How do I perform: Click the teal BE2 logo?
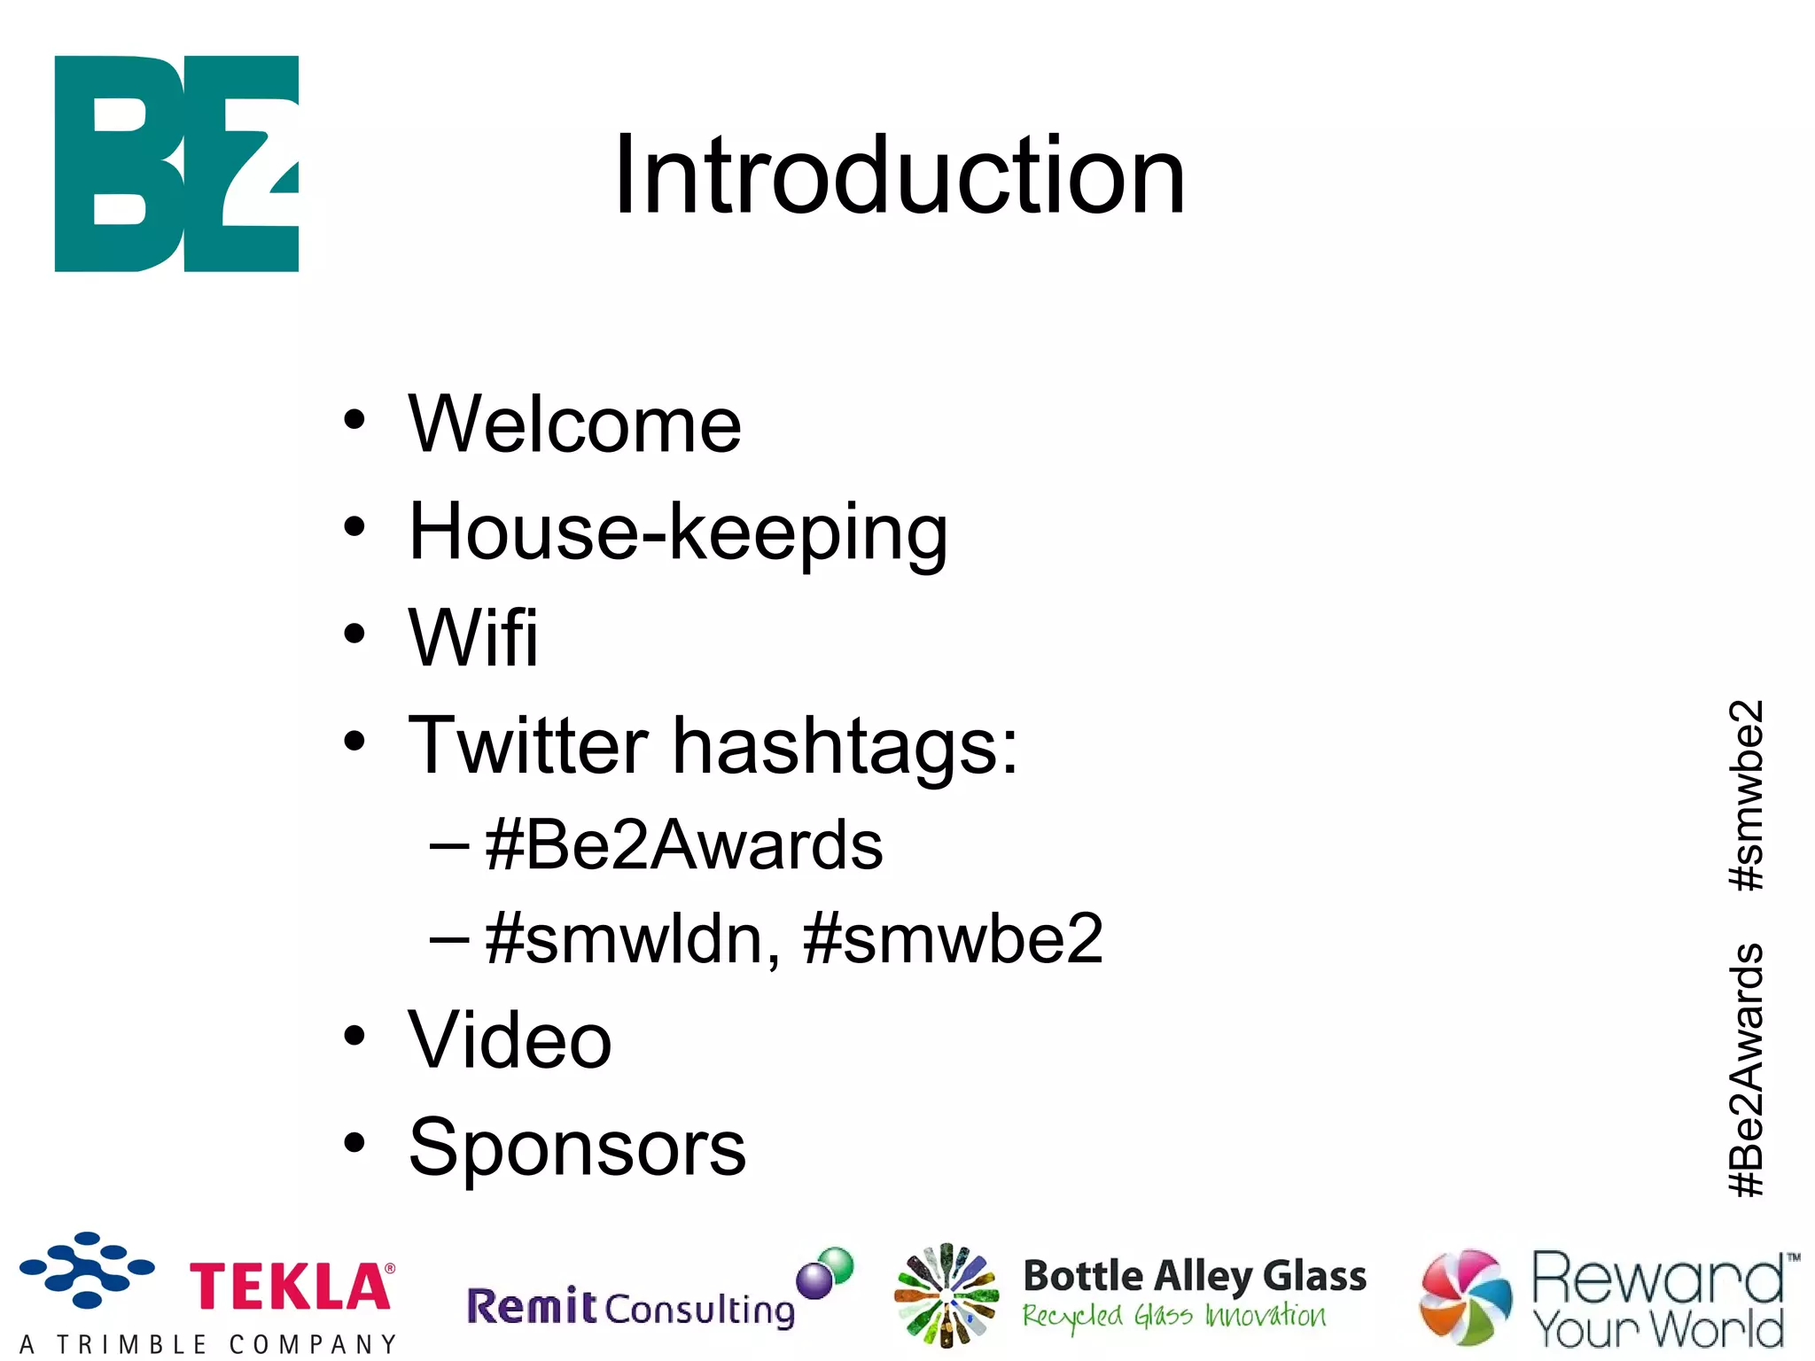(176, 164)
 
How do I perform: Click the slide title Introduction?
(899, 175)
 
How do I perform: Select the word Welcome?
(574, 425)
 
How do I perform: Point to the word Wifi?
(473, 638)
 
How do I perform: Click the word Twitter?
(528, 746)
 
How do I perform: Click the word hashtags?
(845, 746)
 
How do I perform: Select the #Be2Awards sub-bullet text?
(684, 845)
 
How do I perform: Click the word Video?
(510, 1041)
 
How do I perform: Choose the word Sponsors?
(577, 1148)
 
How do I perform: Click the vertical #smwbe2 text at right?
(1746, 795)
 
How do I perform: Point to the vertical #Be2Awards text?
(1746, 1069)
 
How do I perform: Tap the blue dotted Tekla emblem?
(87, 1270)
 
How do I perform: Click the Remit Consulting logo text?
(630, 1308)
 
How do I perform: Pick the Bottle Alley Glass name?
(1194, 1277)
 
